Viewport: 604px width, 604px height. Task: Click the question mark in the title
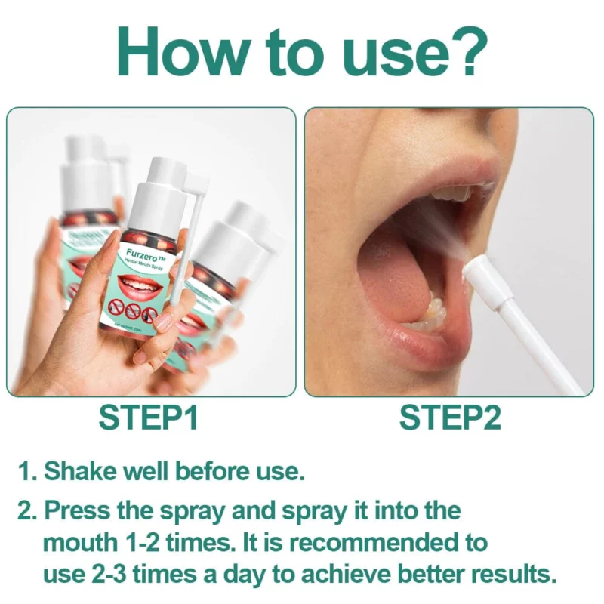click(x=463, y=51)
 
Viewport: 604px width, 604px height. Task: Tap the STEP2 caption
click(x=450, y=418)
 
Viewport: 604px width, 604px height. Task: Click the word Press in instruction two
click(x=76, y=510)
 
